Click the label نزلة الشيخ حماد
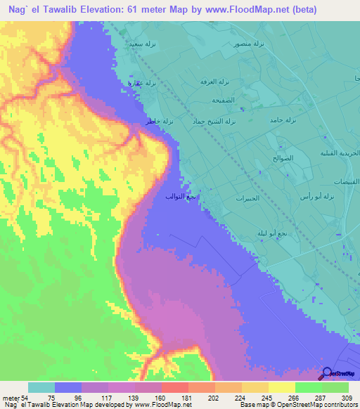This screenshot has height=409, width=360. tap(207, 121)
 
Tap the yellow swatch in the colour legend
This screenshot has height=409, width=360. tap(282, 387)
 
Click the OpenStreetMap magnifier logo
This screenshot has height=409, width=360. tap(326, 373)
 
